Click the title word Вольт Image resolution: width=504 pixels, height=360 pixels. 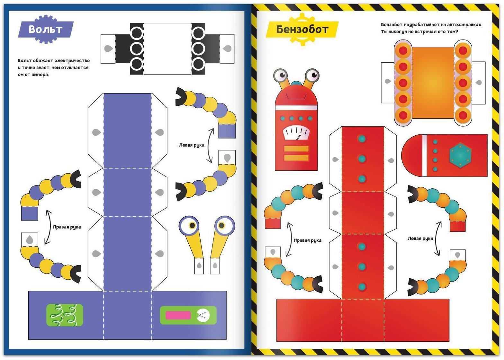[x=45, y=29]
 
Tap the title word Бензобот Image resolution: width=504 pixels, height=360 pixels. [x=302, y=30]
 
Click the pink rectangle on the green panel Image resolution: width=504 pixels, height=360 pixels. [x=178, y=315]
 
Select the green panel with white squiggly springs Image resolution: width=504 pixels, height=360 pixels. [x=65, y=315]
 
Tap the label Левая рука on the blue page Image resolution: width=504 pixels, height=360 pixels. [x=192, y=145]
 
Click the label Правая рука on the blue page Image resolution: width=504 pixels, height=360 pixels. [x=67, y=227]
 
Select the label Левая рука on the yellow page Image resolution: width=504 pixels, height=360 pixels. [x=420, y=238]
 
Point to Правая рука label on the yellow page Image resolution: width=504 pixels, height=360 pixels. [x=307, y=240]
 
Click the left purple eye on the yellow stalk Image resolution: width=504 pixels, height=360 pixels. [x=190, y=225]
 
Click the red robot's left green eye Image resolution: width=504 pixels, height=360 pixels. [x=281, y=75]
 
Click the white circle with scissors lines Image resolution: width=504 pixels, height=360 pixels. [x=203, y=315]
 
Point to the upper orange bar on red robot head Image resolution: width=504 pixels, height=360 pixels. [x=296, y=149]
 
